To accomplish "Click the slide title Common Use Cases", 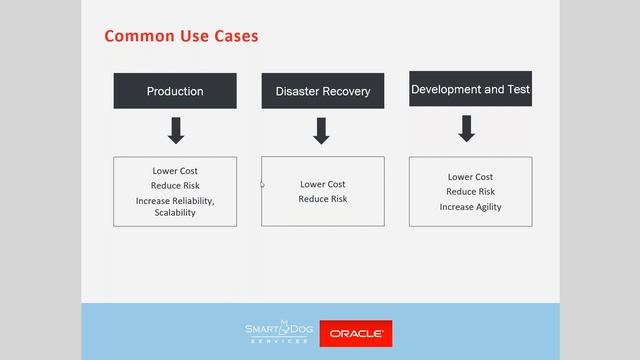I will [x=181, y=36].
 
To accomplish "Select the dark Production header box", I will [x=175, y=91].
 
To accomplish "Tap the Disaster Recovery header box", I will [x=322, y=91].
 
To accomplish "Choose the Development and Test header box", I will [x=470, y=89].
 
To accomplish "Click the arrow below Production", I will [x=175, y=131].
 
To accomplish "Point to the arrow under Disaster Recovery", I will [x=322, y=131].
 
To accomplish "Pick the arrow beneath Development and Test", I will [x=466, y=128].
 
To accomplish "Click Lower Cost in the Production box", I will [x=175, y=171].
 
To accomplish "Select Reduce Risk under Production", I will [x=175, y=186].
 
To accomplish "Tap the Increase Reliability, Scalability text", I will [x=175, y=206].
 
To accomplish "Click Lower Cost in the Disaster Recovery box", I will [x=322, y=184].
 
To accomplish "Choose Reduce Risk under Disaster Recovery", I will [x=322, y=199].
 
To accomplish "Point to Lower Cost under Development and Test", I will [x=470, y=177].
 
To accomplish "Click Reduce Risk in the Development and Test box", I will [x=470, y=192].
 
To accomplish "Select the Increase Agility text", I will [x=470, y=207].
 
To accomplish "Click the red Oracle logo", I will [x=355, y=333].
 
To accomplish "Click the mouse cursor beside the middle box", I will [x=263, y=184].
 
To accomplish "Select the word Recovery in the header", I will [x=345, y=91].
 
